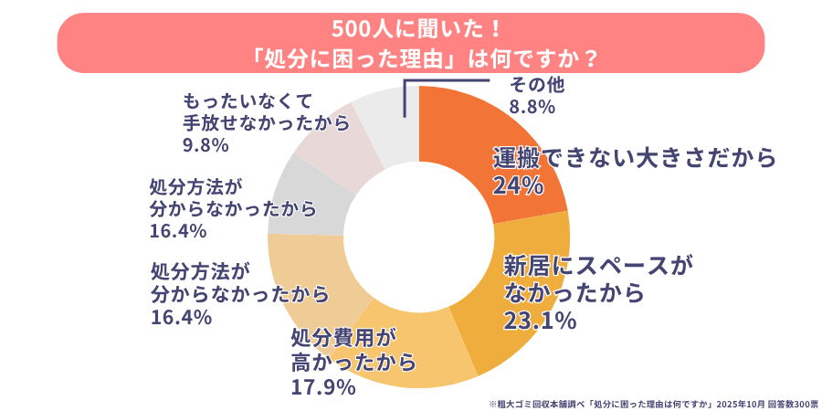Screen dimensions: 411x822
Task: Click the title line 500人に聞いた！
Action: (x=411, y=27)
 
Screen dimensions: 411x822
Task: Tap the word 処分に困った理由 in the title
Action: (x=353, y=58)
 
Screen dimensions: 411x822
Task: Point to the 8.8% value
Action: (x=532, y=107)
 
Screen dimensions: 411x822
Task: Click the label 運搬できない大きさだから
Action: (x=634, y=158)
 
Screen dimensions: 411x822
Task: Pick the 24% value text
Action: (x=518, y=185)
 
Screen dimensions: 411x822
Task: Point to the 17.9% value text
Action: (x=322, y=387)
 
